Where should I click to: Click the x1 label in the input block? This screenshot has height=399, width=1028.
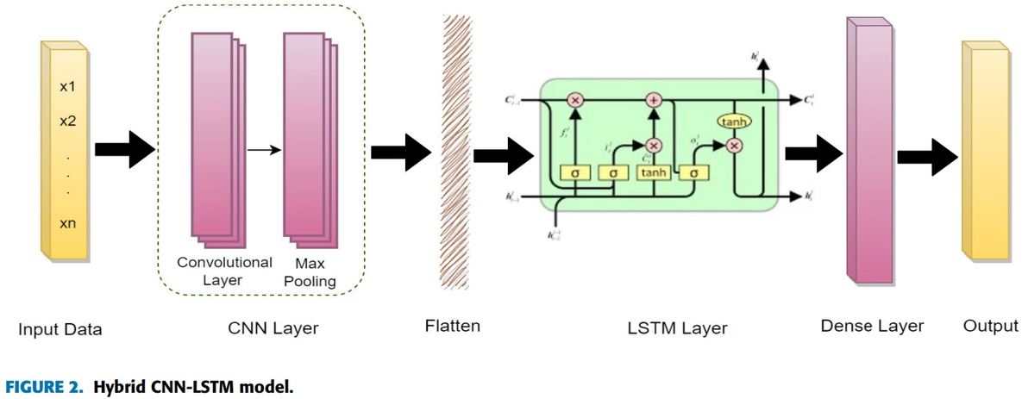(x=67, y=87)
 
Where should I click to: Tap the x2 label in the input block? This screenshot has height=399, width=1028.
(x=67, y=122)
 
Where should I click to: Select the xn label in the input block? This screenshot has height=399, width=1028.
(x=67, y=224)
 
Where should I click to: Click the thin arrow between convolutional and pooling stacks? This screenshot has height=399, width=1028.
(x=264, y=151)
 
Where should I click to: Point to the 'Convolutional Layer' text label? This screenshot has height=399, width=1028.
(x=224, y=271)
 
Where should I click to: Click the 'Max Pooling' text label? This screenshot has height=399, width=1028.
(x=310, y=272)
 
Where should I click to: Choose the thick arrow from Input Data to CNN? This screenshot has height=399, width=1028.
(x=123, y=151)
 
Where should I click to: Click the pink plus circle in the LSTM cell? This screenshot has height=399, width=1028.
(x=654, y=101)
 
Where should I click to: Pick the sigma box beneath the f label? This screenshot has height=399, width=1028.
(x=574, y=174)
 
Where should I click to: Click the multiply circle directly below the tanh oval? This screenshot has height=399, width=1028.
(x=733, y=146)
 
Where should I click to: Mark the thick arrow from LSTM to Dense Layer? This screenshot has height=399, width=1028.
(x=812, y=153)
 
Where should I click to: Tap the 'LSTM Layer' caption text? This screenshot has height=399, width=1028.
(x=677, y=327)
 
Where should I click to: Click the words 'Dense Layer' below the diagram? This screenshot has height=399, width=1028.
(x=872, y=326)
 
